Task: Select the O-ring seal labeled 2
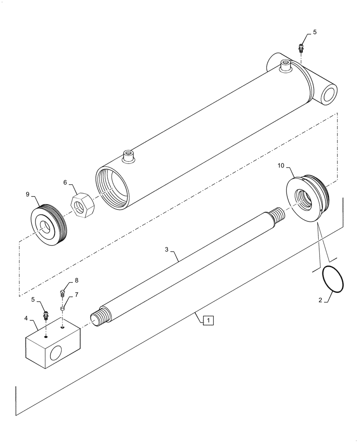coord(332,279)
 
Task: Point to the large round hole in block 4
coord(57,354)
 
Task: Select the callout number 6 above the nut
coord(65,183)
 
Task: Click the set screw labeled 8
coord(63,292)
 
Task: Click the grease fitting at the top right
coord(301,47)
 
